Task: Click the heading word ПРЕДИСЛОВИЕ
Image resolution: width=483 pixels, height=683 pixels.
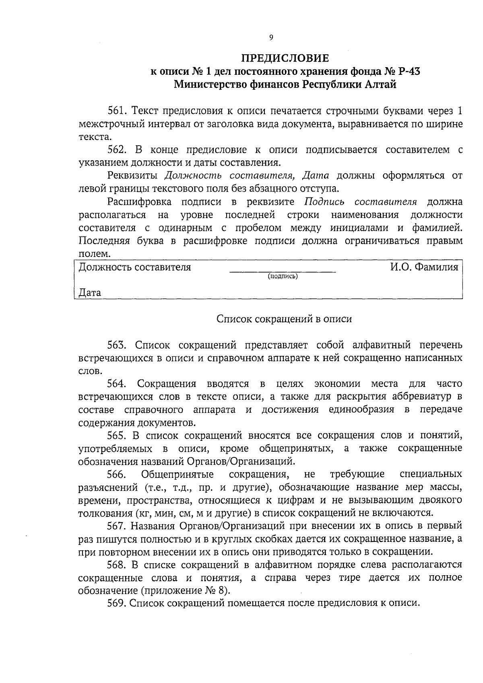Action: tap(285, 59)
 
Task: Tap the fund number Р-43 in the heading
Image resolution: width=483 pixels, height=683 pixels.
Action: tap(409, 72)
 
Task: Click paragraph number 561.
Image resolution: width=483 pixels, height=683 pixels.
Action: tap(117, 111)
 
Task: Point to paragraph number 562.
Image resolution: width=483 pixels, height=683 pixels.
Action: tap(117, 150)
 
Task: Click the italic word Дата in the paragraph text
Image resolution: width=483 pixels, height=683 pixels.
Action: tap(316, 176)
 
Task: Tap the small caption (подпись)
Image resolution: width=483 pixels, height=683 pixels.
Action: tap(283, 276)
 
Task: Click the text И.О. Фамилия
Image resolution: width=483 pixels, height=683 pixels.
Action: tap(423, 267)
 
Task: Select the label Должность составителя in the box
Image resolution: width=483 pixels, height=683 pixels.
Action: tap(135, 267)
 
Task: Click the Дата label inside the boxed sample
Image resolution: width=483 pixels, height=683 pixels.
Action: tap(90, 293)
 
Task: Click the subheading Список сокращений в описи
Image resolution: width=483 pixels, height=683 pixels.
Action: tap(284, 319)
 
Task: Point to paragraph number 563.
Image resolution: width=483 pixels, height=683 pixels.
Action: tap(117, 345)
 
